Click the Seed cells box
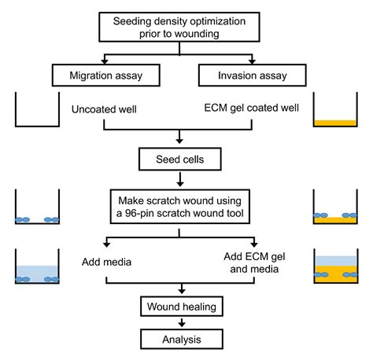pos(182,160)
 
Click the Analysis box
pos(182,340)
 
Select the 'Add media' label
pos(109,260)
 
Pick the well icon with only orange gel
pos(334,110)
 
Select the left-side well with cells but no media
pos(38,207)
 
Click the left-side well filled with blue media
pos(38,266)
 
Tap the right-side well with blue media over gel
pos(334,267)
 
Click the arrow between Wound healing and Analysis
pos(182,322)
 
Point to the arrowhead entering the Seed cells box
pos(182,145)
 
